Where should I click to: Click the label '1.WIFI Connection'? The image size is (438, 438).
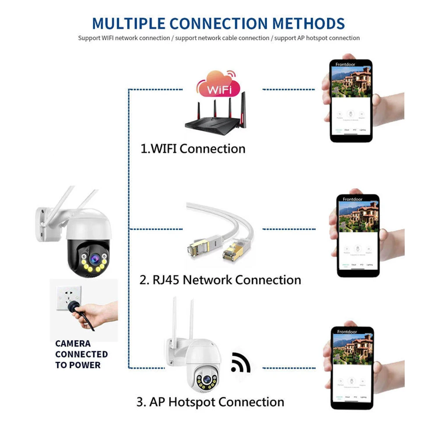pos(193,149)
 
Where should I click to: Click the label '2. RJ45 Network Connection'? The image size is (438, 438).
pos(220,280)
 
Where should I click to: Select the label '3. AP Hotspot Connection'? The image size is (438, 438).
pos(210,402)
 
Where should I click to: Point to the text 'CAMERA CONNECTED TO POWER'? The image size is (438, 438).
pos(81,354)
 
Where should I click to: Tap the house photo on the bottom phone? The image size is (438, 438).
pos(352,349)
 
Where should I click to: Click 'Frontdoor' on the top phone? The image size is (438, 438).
pos(345,64)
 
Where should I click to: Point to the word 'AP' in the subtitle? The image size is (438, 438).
pos(301,38)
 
